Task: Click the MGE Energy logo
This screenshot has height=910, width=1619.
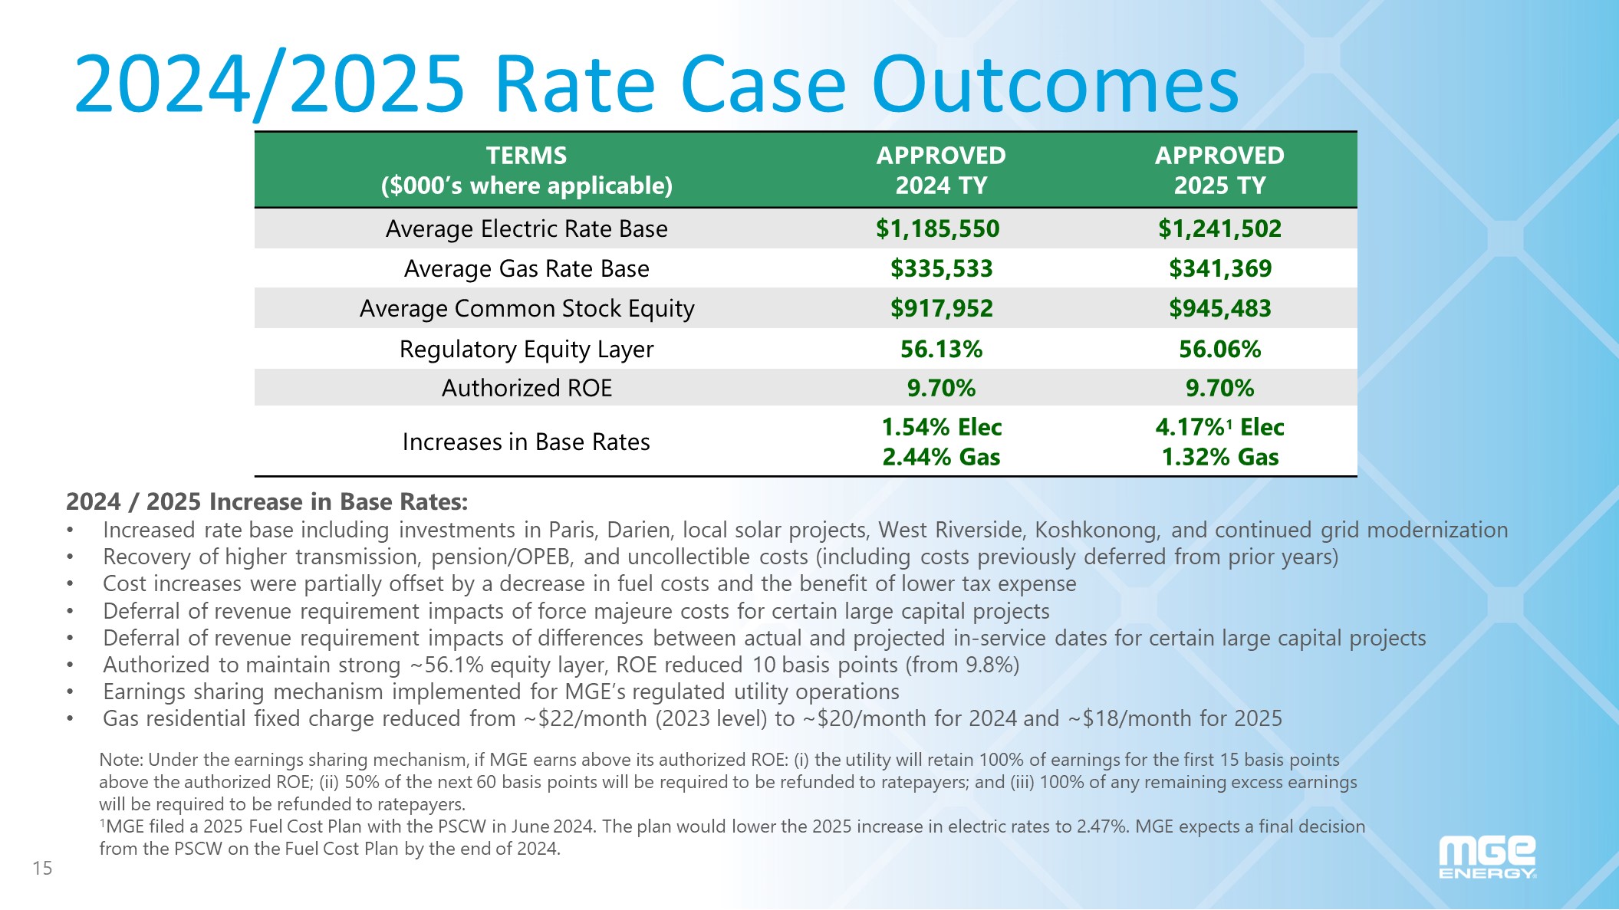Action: (1487, 858)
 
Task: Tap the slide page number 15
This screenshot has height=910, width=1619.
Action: (42, 868)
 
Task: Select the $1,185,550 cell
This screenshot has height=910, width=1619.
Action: (937, 228)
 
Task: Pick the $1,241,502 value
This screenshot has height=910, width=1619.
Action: (1219, 228)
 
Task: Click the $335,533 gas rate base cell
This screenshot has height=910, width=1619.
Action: (941, 268)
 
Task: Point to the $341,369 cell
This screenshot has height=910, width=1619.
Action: (1219, 268)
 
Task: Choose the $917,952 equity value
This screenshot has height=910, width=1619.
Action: (941, 308)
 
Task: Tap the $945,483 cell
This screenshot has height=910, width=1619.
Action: (1219, 308)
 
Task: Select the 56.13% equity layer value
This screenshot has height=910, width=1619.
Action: (941, 349)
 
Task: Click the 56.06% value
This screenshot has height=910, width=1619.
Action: (1219, 349)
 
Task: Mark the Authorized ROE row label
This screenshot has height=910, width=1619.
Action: (526, 388)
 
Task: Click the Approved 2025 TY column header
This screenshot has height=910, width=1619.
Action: (1219, 170)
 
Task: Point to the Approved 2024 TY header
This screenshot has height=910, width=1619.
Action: (941, 170)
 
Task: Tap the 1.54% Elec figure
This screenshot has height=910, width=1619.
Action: (941, 427)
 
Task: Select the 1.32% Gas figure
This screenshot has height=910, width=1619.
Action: (1219, 457)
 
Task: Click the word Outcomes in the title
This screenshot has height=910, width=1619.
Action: (1055, 84)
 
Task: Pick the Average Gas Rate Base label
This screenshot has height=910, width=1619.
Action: (526, 268)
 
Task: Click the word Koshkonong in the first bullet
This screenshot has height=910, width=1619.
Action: (1096, 530)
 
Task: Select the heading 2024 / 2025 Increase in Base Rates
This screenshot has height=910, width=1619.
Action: (267, 501)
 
